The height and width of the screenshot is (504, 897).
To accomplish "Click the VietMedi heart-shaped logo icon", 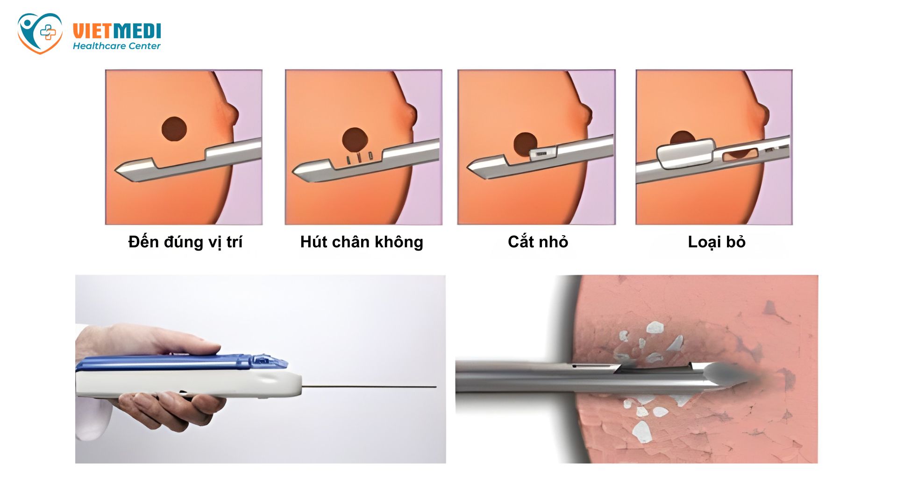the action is (40, 33).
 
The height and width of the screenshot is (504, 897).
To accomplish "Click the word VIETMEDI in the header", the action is (117, 31).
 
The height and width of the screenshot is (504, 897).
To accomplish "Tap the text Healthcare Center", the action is (116, 46).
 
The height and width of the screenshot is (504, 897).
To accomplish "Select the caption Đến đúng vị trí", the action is (185, 242).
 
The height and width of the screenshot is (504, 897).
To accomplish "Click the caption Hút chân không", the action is (362, 242).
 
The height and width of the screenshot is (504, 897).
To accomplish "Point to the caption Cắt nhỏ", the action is (538, 242).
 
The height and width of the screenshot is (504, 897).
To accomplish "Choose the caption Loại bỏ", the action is (717, 242).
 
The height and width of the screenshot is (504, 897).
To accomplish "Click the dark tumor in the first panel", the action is (174, 129).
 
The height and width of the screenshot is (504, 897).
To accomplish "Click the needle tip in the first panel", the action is (116, 170).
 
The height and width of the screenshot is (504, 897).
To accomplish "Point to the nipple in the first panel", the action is (232, 115).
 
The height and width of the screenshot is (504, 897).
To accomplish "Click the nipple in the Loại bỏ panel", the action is (763, 115).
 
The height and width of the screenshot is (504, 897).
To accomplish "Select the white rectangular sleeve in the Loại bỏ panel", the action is (685, 154).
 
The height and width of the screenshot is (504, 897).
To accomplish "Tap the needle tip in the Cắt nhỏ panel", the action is (469, 166).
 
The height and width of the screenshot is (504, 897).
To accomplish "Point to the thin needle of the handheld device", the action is (369, 387).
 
